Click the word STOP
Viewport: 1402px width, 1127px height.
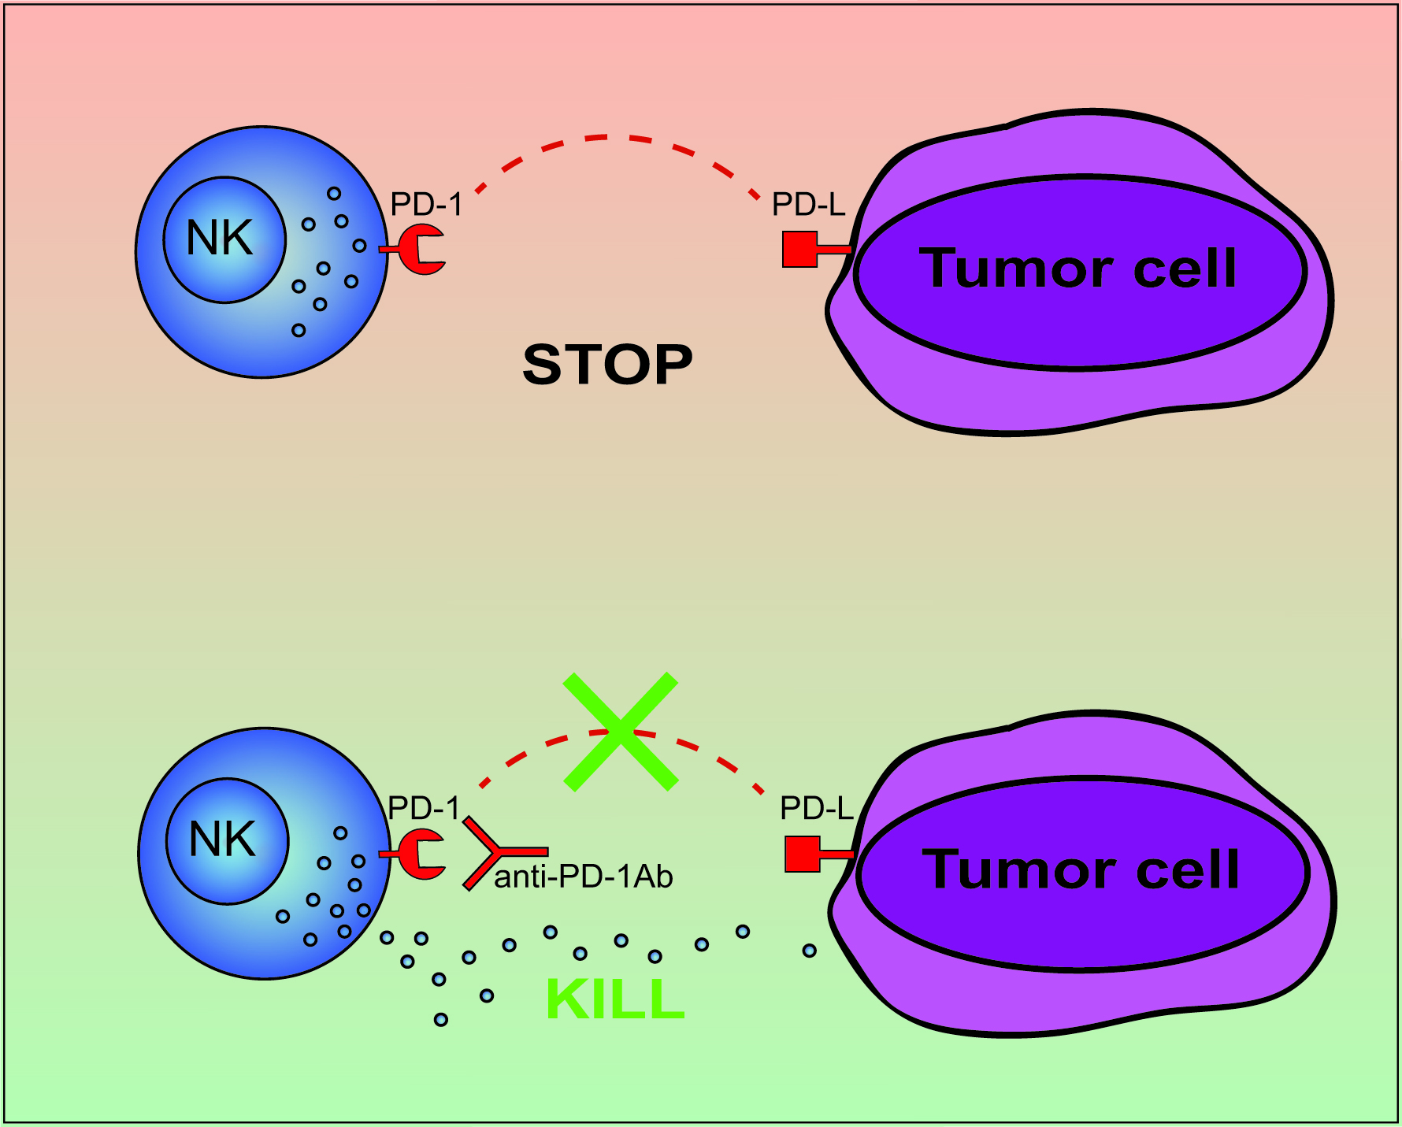point(607,365)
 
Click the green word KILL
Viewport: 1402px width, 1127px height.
point(615,999)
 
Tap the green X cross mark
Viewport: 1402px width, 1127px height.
point(621,732)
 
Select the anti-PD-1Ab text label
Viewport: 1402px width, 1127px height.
point(584,877)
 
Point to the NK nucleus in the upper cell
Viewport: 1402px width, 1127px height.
point(224,239)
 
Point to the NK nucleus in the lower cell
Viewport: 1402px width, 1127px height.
point(227,840)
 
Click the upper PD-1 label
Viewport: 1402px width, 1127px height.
point(426,205)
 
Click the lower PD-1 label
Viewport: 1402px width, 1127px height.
point(424,808)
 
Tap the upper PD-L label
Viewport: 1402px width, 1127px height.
point(808,205)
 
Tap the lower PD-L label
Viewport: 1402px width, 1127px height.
point(817,808)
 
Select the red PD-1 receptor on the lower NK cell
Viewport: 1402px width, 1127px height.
point(420,854)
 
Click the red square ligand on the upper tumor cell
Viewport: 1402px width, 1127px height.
point(799,249)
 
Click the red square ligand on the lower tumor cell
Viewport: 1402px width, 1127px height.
point(803,854)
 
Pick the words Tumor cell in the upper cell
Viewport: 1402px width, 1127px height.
point(1078,269)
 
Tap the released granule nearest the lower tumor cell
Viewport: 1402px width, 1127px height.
point(809,951)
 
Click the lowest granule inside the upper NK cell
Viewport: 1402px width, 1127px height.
point(299,330)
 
